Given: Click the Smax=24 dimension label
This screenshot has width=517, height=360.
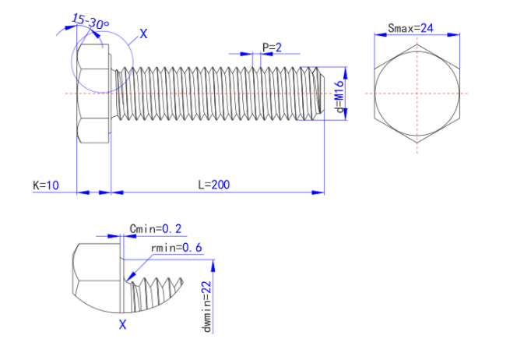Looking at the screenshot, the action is (410, 28).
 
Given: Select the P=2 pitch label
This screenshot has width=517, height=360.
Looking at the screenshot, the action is (272, 48).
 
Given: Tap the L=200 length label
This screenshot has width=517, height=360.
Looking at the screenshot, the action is (214, 185).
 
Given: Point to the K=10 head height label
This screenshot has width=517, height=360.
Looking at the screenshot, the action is (46, 185).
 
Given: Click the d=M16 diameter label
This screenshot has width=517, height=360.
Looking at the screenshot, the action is (339, 97).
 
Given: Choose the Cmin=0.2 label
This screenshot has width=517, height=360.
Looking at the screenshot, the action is (155, 228).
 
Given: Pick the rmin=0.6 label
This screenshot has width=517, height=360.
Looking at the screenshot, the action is (177, 248).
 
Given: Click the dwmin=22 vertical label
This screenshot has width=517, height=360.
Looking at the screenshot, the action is (206, 306).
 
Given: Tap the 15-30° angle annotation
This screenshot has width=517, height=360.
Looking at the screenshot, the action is (90, 21).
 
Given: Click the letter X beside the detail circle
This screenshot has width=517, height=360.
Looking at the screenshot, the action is (143, 34).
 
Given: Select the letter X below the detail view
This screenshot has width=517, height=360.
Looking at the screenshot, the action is (122, 325).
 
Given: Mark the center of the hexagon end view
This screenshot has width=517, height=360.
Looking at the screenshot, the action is (417, 94).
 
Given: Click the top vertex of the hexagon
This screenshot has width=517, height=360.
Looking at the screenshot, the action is (417, 44).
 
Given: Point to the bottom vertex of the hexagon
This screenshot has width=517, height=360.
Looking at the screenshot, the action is (417, 143).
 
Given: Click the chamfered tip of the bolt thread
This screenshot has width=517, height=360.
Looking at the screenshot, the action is (321, 94).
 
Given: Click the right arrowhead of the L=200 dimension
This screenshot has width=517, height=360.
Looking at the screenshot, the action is (318, 192).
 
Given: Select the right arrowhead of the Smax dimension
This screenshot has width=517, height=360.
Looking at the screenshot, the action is (453, 34).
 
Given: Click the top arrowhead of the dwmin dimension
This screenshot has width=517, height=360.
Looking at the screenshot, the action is (213, 266).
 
